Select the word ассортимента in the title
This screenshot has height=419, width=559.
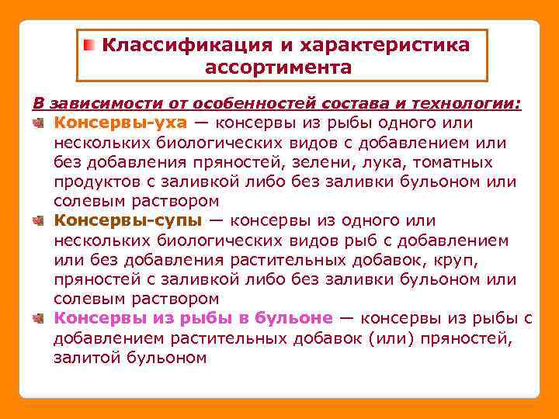click(279, 68)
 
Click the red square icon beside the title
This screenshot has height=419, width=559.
click(90, 45)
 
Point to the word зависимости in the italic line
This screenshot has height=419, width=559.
click(85, 103)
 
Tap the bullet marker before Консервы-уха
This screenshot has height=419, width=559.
click(40, 123)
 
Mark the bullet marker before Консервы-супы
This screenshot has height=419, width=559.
click(40, 221)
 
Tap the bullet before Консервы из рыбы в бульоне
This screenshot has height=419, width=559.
click(40, 318)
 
